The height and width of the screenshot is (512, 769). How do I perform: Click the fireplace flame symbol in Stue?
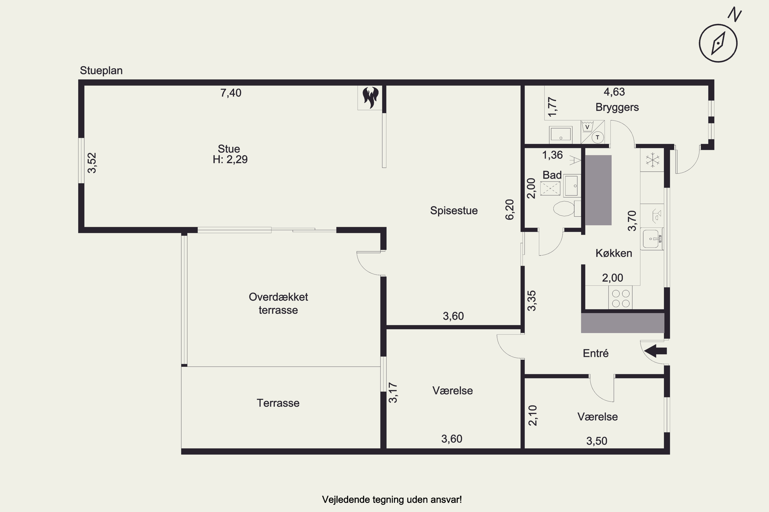(x=370, y=97)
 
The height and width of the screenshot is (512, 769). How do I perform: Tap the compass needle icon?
(x=718, y=43)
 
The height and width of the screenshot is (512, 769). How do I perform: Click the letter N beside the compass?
(x=734, y=15)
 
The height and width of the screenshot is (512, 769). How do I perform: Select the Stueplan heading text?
(x=101, y=71)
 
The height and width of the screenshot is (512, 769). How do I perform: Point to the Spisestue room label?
(x=454, y=211)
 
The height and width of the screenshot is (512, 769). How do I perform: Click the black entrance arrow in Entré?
(x=655, y=351)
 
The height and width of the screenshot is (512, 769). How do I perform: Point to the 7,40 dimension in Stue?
(x=231, y=93)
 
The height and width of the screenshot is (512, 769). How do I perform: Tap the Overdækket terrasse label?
(x=278, y=303)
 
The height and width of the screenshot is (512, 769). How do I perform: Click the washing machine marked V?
(x=588, y=126)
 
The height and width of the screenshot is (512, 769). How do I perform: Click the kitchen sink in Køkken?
(x=652, y=239)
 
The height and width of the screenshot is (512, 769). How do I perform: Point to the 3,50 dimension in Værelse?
(x=597, y=441)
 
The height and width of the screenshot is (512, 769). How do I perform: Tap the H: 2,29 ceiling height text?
(x=230, y=159)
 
